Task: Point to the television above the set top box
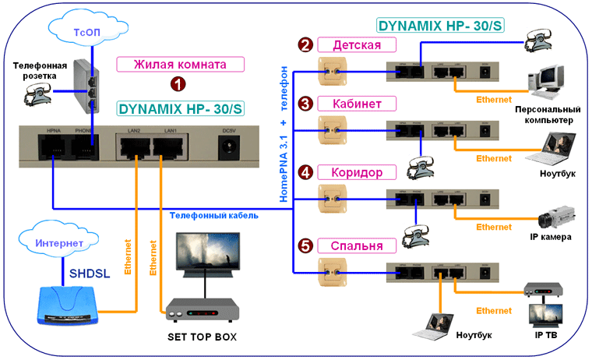(x=206, y=256)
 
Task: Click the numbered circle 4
(x=306, y=172)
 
